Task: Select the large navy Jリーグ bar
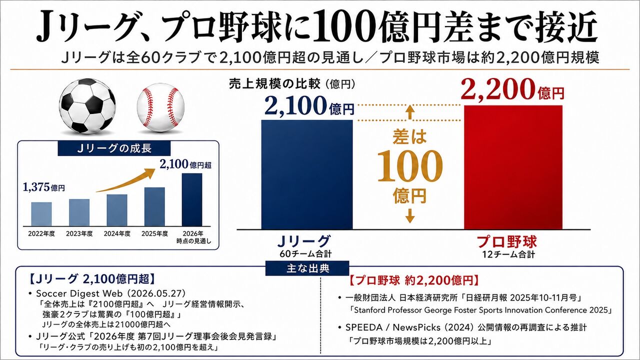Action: click(x=307, y=174)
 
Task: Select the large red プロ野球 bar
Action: click(x=513, y=167)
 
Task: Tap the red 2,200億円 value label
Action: click(x=512, y=89)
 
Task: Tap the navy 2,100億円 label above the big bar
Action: click(x=309, y=105)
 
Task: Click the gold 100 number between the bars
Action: click(x=409, y=166)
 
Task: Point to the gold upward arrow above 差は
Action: click(x=410, y=112)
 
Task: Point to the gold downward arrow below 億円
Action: click(x=410, y=215)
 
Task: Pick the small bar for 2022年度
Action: click(x=41, y=214)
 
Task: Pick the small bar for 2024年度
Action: click(x=117, y=210)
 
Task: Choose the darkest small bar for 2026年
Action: click(x=192, y=199)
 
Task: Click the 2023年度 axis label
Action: click(x=79, y=233)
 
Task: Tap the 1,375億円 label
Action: click(x=43, y=187)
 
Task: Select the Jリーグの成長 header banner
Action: click(x=114, y=148)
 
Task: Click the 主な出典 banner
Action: click(x=307, y=268)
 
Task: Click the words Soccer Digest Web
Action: click(x=79, y=293)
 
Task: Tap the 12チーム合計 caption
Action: click(x=508, y=254)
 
